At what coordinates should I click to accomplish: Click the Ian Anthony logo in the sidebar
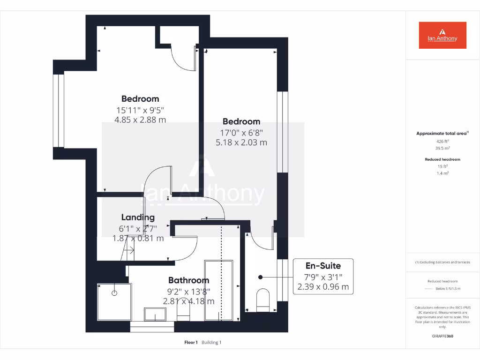click(x=442, y=35)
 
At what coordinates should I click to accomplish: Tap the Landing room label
click(x=138, y=217)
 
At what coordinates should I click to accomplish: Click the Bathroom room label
click(x=188, y=280)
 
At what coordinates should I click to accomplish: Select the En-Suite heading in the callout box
click(x=323, y=266)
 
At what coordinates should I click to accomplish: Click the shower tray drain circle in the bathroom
click(x=114, y=293)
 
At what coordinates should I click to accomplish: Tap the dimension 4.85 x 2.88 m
click(x=140, y=120)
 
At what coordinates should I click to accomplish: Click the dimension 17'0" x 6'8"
click(x=241, y=132)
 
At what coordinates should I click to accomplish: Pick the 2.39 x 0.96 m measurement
click(x=323, y=287)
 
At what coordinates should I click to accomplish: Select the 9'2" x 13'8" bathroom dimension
click(x=188, y=291)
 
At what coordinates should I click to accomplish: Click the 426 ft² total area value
click(x=442, y=141)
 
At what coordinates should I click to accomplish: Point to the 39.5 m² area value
click(x=442, y=147)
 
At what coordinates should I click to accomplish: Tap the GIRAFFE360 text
click(x=442, y=336)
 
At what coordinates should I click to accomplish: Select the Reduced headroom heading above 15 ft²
click(x=442, y=159)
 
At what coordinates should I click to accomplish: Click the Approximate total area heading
click(x=441, y=134)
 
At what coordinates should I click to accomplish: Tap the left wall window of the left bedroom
click(x=58, y=111)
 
